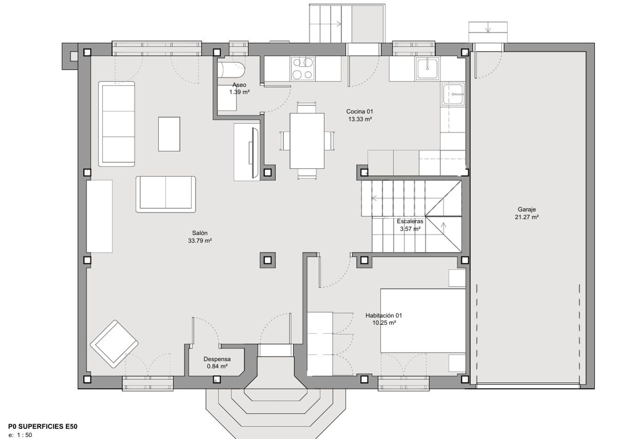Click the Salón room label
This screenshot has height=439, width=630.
point(199,233)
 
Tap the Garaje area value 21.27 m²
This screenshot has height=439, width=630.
point(527,217)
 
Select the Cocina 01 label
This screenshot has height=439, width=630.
point(360,111)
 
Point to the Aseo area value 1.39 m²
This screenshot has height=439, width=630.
point(239,92)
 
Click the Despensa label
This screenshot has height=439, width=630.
point(217,359)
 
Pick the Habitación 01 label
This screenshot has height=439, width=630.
point(383,315)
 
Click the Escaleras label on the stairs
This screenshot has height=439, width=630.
point(410,221)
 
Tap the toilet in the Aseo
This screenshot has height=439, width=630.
point(231,69)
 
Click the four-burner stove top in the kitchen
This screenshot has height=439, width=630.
point(303,68)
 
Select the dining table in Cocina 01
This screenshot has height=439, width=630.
point(307,141)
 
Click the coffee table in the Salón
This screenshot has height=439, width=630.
point(169,134)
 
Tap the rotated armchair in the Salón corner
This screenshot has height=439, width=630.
point(114,344)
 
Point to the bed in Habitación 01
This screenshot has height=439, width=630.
point(423,320)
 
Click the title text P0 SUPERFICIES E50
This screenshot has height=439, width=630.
point(43,426)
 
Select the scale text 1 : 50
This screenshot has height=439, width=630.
point(24,435)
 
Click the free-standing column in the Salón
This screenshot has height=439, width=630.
point(268,260)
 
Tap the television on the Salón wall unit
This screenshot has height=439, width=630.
point(254,153)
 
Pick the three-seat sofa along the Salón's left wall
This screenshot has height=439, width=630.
point(117,124)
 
